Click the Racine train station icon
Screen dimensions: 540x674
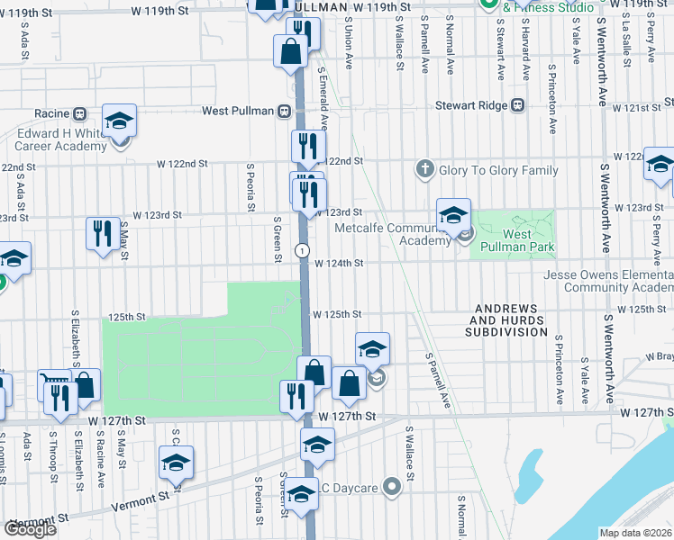pyautogui.click(x=79, y=113)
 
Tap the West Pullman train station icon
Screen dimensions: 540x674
pyautogui.click(x=284, y=111)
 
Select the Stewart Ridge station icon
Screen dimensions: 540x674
pyautogui.click(x=517, y=105)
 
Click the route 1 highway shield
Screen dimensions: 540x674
pyautogui.click(x=304, y=249)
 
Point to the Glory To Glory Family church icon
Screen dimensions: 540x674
pyautogui.click(x=424, y=169)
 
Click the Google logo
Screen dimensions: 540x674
pyautogui.click(x=31, y=529)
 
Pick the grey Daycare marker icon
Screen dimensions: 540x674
pyautogui.click(x=391, y=488)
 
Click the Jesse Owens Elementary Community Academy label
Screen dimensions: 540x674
pyautogui.click(x=608, y=282)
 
